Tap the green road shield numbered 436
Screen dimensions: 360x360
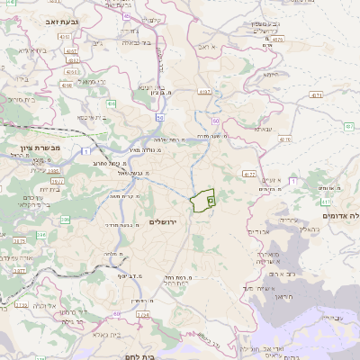(x=110, y=105)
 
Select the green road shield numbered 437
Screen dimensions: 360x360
(x=348, y=127)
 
